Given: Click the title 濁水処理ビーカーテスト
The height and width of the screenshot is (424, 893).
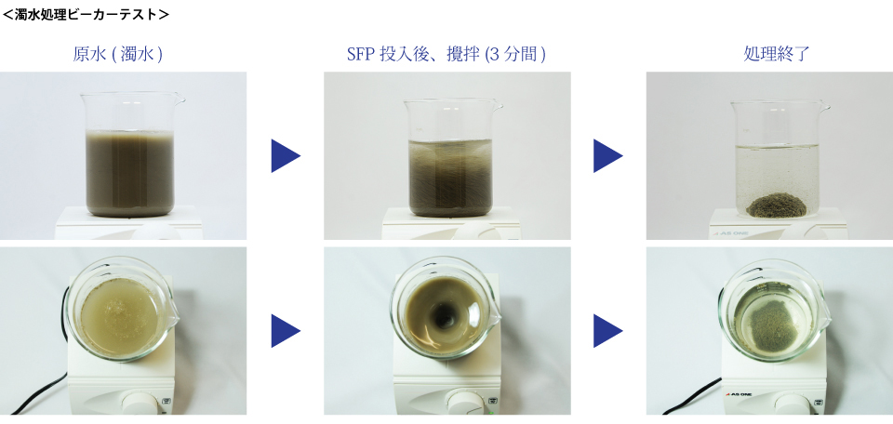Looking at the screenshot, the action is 86,14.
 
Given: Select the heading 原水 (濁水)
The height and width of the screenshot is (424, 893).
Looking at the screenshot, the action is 118,54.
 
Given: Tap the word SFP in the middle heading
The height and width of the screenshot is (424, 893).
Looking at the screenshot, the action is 361,54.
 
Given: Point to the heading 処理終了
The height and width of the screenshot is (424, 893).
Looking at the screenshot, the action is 777,54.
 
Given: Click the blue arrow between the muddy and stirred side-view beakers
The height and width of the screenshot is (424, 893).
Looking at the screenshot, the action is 286,155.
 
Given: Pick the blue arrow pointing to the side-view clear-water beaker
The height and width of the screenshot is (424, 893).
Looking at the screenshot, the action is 607,155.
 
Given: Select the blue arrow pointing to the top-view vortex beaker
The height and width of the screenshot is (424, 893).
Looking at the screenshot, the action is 286,331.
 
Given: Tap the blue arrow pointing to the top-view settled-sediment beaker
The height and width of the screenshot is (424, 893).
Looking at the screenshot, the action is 607,331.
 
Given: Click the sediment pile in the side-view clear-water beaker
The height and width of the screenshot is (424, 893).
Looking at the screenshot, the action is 777,205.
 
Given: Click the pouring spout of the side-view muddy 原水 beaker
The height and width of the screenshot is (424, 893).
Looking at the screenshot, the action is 179,99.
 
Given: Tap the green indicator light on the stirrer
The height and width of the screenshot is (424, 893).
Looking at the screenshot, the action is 490,412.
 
